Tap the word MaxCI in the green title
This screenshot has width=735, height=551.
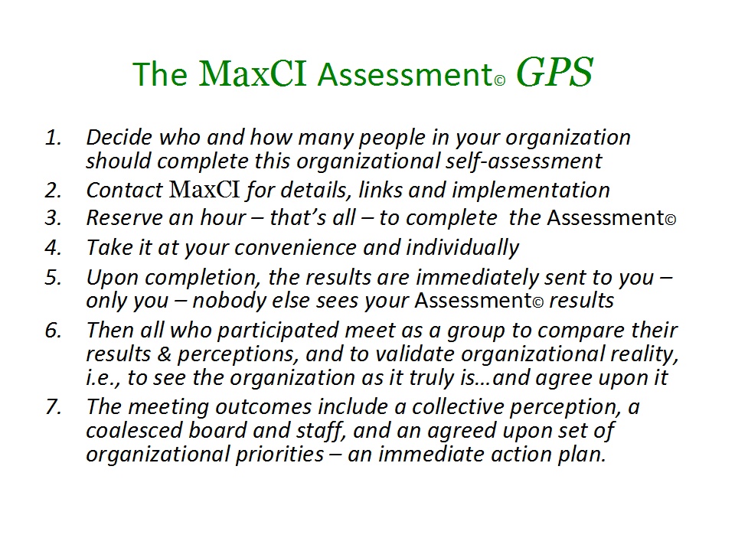[253, 73]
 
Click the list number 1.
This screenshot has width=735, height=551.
[54, 137]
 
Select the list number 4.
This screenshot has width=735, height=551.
[54, 247]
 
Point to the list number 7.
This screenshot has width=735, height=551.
[54, 406]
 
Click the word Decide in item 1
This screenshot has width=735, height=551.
[119, 137]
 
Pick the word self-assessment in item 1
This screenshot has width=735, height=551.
[523, 161]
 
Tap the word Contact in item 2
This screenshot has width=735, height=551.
[125, 191]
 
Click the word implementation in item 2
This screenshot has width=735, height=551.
[531, 191]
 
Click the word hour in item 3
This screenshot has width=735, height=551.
[223, 218]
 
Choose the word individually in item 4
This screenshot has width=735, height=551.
[462, 247]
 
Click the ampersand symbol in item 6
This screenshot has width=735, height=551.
[164, 354]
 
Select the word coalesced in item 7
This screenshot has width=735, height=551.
[134, 430]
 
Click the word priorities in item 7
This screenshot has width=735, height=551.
[279, 454]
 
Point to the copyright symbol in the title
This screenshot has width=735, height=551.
[500, 80]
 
